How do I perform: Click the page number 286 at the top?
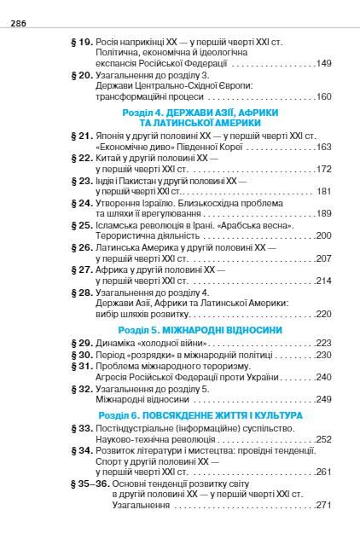[20, 24]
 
